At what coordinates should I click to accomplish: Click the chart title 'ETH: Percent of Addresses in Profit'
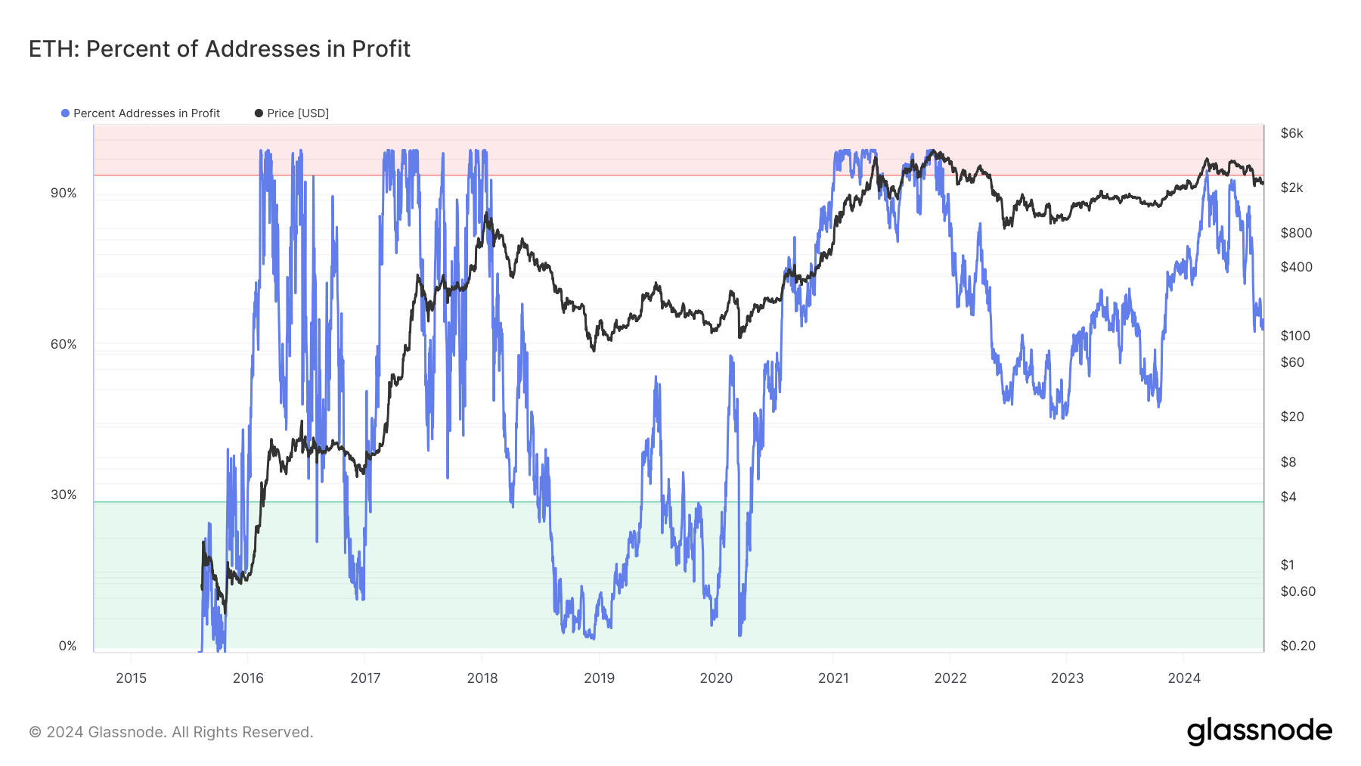[219, 49]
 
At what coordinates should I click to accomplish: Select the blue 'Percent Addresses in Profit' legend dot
[66, 113]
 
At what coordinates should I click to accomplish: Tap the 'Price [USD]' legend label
[297, 113]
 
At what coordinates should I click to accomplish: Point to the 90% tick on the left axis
[64, 194]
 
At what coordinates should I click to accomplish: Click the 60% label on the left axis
[64, 345]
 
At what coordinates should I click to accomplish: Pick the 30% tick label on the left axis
[64, 495]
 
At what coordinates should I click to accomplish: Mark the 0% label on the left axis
[67, 647]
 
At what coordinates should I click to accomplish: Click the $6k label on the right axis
[1291, 134]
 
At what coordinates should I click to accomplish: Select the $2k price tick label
[1291, 188]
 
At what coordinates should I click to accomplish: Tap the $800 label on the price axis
[1296, 234]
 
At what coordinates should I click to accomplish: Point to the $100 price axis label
[1295, 336]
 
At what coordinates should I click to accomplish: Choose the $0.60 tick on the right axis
[1297, 592]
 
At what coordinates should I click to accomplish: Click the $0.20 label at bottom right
[1297, 647]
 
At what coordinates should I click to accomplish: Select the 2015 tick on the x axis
[132, 678]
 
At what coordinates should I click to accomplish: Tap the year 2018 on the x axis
[482, 678]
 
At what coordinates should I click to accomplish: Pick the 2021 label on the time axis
[833, 678]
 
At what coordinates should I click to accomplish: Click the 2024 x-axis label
[1184, 678]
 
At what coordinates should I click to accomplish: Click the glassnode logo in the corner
[1259, 732]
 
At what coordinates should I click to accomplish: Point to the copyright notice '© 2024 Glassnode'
[171, 732]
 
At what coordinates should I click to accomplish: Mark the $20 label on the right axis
[1291, 417]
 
